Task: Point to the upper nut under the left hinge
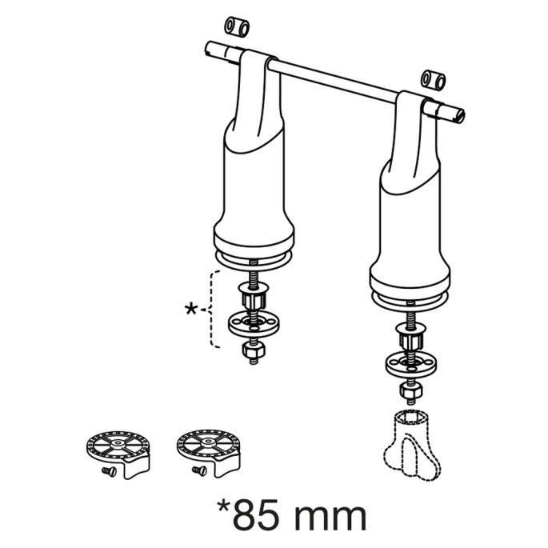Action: [x=252, y=298]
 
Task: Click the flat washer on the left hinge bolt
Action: [x=252, y=324]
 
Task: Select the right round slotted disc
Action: [x=207, y=445]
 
